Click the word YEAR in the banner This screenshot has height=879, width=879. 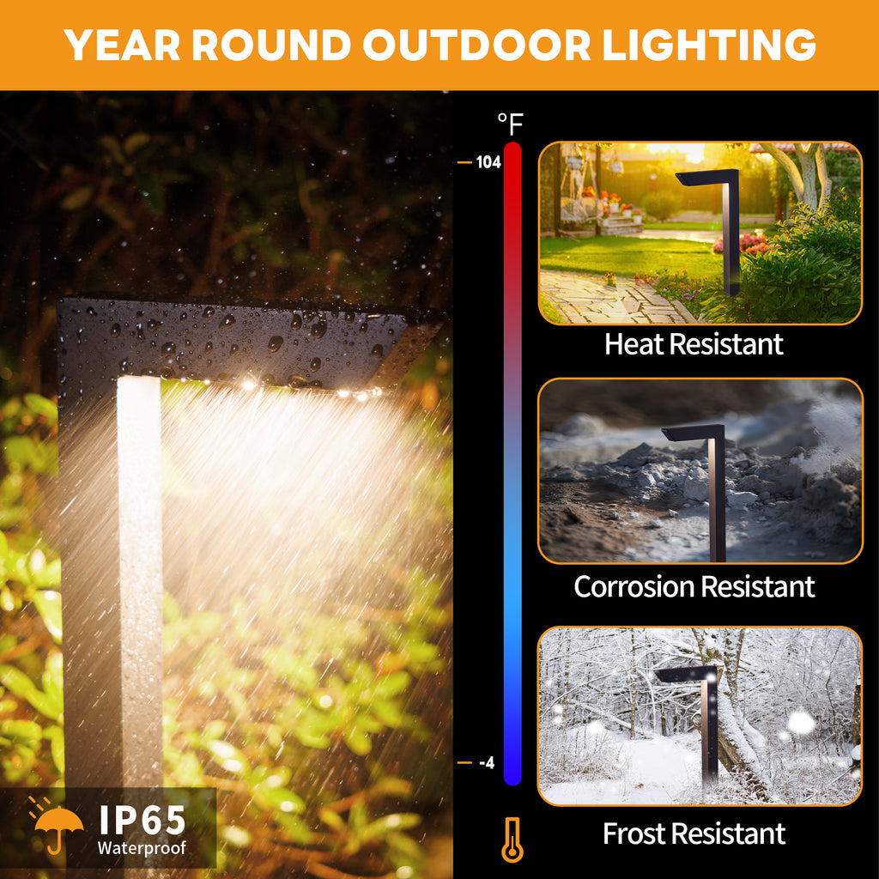click(122, 45)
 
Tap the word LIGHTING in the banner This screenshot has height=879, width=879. click(708, 45)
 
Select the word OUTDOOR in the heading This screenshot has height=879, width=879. click(476, 45)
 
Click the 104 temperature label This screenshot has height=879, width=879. click(488, 162)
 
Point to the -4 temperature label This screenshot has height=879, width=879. click(487, 763)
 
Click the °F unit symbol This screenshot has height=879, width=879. click(510, 124)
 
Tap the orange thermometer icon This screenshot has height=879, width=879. click(512, 840)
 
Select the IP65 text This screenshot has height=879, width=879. click(142, 820)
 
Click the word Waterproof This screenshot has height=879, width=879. click(142, 848)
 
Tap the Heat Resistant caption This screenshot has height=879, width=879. click(694, 344)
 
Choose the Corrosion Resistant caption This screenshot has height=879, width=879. click(694, 587)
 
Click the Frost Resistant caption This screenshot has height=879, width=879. click(694, 834)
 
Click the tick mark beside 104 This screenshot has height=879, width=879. click(464, 162)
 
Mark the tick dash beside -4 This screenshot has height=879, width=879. click(464, 763)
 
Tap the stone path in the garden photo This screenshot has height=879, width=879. click(611, 298)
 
